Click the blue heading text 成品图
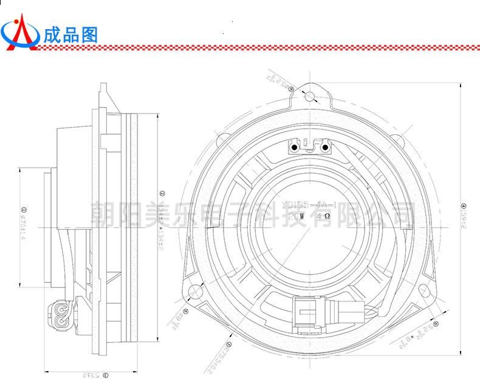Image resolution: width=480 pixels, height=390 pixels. pyautogui.click(x=70, y=34)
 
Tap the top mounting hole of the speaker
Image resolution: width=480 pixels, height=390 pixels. pyautogui.click(x=310, y=96)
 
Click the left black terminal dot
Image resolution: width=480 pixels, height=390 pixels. pyautogui.click(x=294, y=147)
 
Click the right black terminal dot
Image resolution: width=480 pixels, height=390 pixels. pyautogui.click(x=326, y=147)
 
